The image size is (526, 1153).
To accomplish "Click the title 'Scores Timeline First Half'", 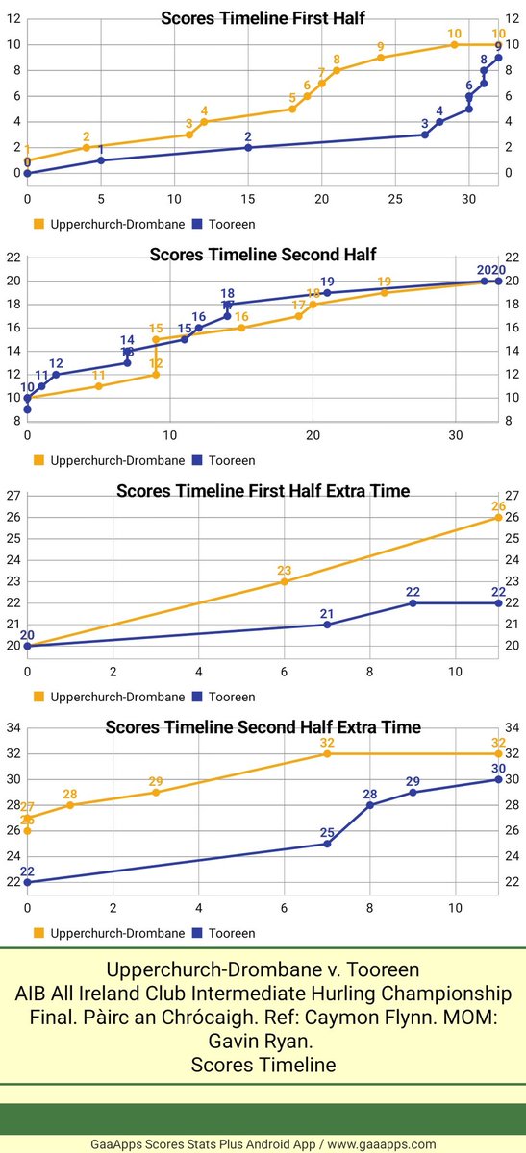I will coord(263,16).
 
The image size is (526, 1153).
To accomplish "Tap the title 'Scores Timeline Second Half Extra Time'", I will coord(263,726).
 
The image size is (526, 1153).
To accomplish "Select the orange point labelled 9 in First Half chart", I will coord(381,58).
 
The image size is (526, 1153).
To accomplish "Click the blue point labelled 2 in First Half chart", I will coord(248,147).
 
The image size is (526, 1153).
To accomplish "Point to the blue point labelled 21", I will coord(327,625).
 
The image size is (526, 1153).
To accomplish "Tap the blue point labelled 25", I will coord(327,844).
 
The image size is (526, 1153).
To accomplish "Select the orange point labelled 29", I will coord(156,792).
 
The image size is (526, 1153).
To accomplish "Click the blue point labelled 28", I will coord(370,805).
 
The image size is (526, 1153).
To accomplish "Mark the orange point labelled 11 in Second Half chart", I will coord(98,386).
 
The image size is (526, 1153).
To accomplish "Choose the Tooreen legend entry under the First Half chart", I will coord(223,224).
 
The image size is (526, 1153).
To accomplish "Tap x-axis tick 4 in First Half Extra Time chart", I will coord(198,671).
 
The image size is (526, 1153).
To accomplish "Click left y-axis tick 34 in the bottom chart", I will coord(13,727).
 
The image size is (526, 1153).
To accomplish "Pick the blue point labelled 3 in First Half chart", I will coord(425,135).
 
